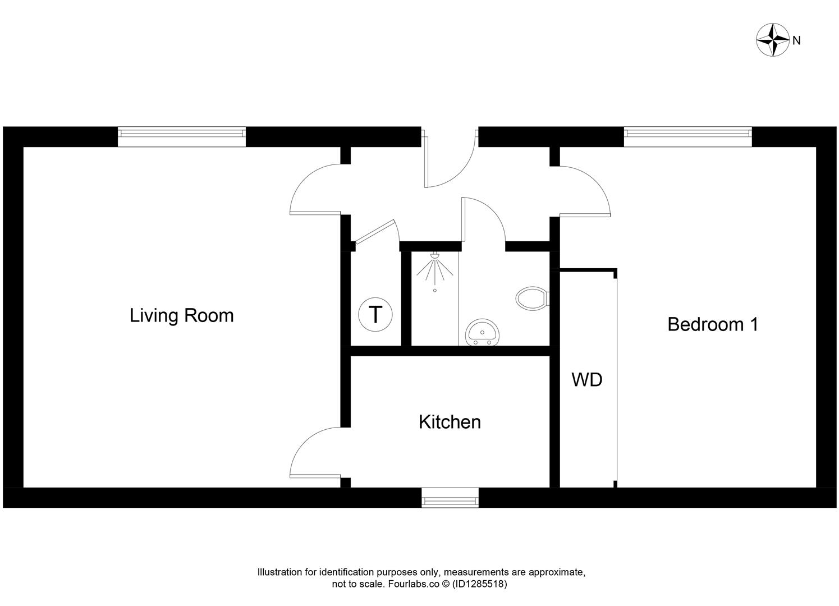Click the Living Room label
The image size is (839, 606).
pos(181,315)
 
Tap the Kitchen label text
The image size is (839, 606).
pos(450,422)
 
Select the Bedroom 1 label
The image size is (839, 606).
pos(712,324)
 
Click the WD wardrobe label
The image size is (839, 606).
pos(586,380)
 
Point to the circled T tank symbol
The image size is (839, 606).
pos(375,314)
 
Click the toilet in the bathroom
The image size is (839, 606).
pos(531,297)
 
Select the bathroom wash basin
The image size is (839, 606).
pos(482,332)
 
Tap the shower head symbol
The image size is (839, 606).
pos(434,268)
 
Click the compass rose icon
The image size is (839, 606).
pos(773,40)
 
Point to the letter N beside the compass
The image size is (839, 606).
pos(796,40)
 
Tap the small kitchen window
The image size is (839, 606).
pos(450,498)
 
